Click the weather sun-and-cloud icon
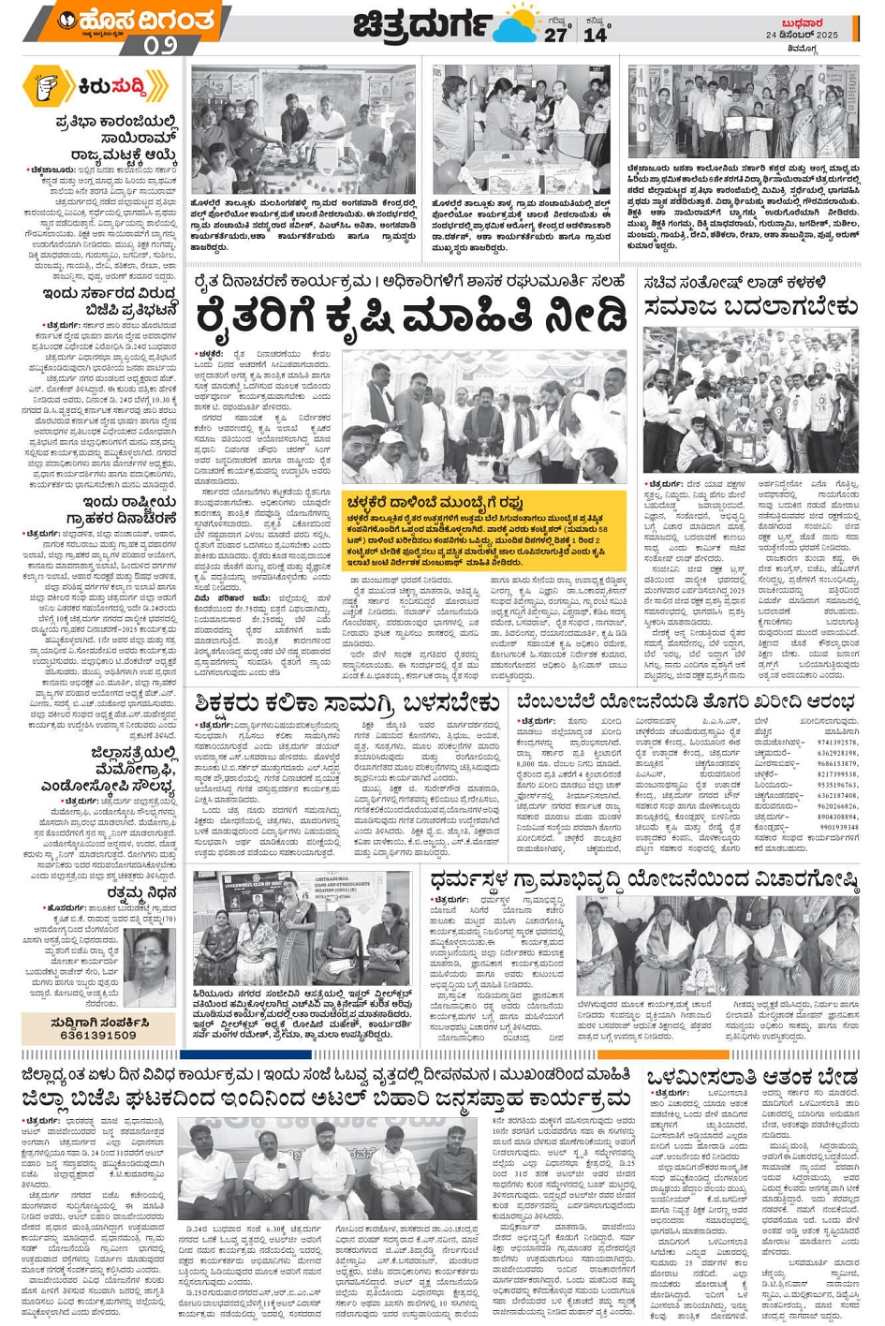(x=517, y=25)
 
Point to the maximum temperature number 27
(x=555, y=35)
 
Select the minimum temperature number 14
(x=595, y=35)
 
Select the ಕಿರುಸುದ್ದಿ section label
(x=112, y=87)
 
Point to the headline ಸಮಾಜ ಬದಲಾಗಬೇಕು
(x=750, y=306)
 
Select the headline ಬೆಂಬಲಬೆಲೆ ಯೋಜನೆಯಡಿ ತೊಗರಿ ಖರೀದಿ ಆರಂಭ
(x=686, y=701)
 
